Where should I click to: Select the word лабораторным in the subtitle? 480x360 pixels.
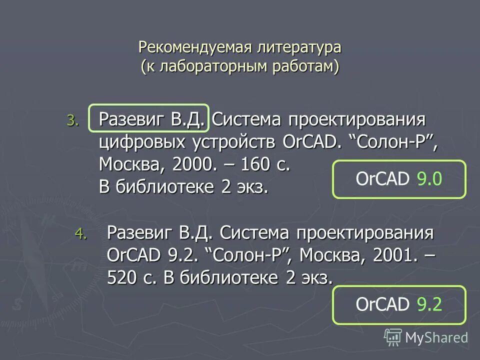pos(215,66)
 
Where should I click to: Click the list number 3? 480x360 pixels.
pos(72,120)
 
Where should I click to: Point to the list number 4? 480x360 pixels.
pos(80,233)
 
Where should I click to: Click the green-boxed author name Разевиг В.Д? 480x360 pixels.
pos(149,119)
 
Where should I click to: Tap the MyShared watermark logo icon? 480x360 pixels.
pos(393,337)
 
